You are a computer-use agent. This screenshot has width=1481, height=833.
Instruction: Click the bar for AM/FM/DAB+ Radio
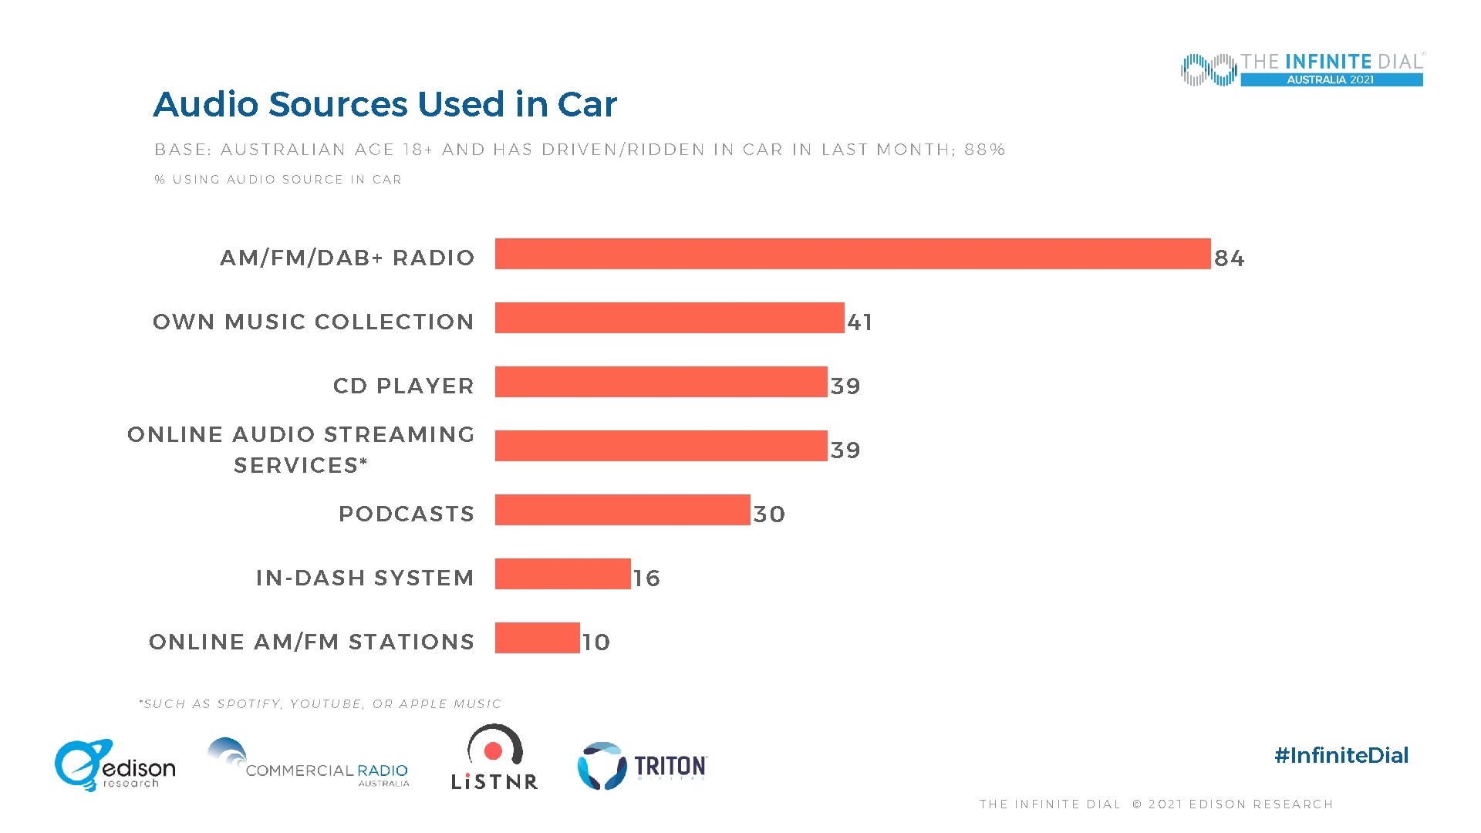(852, 254)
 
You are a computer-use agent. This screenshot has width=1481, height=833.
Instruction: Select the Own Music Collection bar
(670, 318)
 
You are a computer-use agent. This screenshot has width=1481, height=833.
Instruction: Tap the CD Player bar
(661, 382)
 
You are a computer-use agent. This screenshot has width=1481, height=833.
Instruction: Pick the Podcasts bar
(622, 510)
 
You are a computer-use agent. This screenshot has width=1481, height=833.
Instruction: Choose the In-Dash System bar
(562, 574)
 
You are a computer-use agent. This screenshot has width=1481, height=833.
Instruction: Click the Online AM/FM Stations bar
(537, 638)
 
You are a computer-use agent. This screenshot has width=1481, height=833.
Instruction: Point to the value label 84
(1229, 258)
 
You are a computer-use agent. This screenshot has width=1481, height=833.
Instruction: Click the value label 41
(859, 322)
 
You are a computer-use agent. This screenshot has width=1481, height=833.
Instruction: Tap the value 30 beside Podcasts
(769, 514)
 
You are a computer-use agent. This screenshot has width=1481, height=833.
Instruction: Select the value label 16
(646, 578)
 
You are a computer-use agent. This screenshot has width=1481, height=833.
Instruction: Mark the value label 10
(595, 642)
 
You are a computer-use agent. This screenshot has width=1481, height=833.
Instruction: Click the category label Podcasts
(407, 514)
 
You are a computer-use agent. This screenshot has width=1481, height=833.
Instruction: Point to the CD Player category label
(403, 386)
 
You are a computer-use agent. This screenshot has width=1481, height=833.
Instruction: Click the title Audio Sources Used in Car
(385, 104)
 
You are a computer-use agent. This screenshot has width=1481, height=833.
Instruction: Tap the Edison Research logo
(115, 765)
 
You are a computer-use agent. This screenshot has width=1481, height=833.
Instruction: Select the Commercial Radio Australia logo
(309, 764)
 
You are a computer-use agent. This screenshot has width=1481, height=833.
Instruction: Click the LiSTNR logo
(494, 757)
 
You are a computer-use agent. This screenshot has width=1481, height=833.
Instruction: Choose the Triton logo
(643, 766)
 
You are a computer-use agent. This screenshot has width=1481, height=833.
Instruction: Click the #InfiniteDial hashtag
(1341, 755)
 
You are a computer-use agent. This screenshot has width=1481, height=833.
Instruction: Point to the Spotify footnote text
(321, 703)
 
